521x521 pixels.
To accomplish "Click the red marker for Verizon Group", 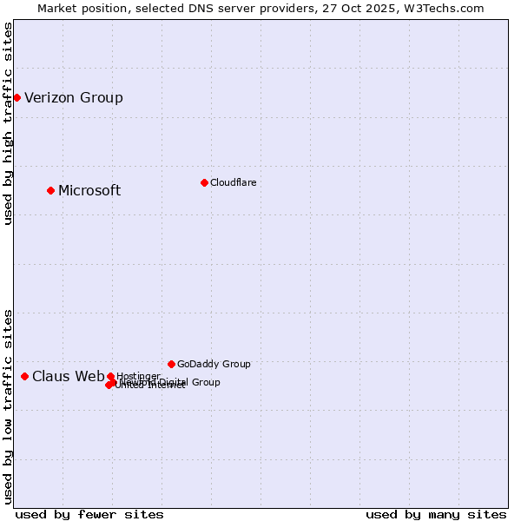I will pos(16,97).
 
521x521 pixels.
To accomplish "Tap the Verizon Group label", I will pos(74,97).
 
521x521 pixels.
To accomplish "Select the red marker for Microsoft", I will pos(50,190).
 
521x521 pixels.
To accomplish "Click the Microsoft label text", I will pos(89,191).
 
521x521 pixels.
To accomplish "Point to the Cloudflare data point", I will pos(204,182).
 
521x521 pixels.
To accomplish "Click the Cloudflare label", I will pos(233,182).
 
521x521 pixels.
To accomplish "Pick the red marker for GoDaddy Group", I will pos(171,364).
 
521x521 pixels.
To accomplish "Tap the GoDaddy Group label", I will pos(214,364).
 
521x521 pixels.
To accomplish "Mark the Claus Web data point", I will pos(24,376).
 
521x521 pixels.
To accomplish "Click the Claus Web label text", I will pos(68,376).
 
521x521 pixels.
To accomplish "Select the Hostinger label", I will pos(138,376).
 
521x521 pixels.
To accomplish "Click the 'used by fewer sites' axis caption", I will pos(89,514).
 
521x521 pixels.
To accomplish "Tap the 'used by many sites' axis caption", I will pos(436,514).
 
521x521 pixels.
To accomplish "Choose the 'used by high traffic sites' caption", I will pos(8,123).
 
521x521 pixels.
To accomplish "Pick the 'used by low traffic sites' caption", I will pos(8,406).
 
